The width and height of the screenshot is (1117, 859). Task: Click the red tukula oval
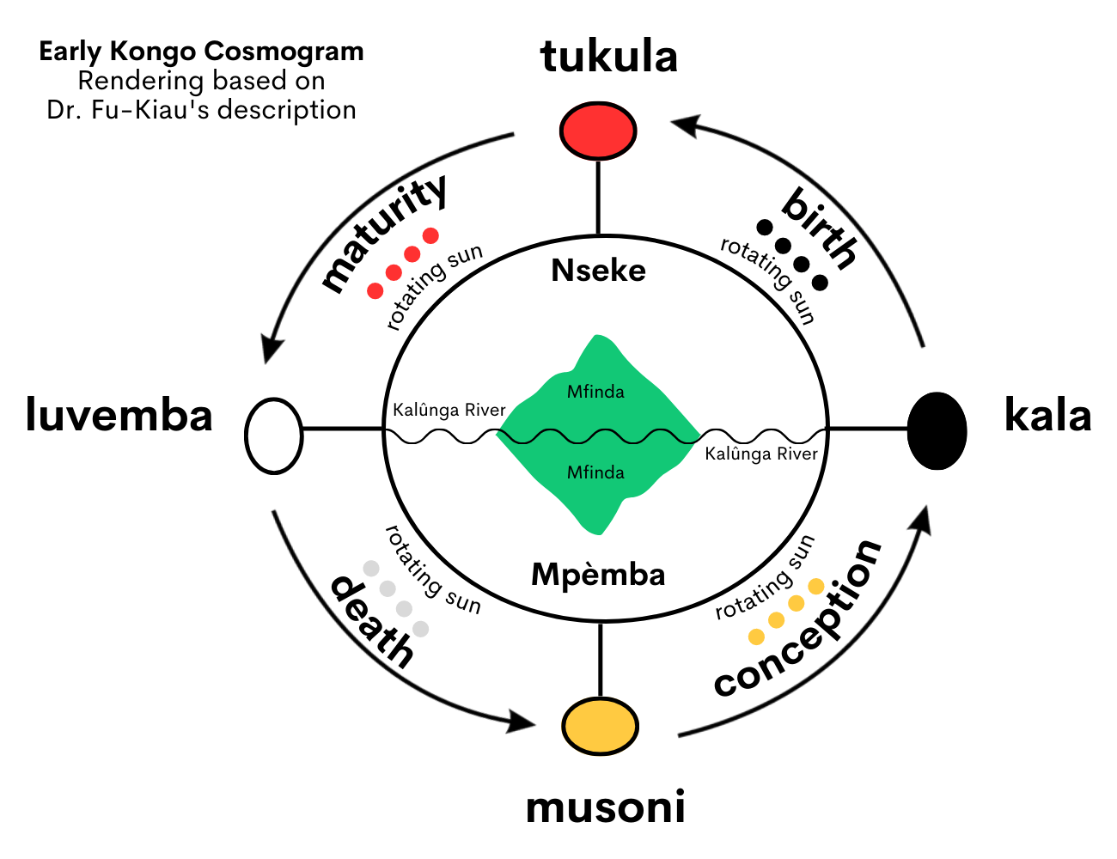pos(598,131)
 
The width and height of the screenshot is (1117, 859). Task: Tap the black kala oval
pos(937,430)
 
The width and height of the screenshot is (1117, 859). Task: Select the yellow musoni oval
pos(600,727)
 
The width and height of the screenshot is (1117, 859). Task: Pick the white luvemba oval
pos(274,436)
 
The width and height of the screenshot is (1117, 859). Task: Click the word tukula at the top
pos(609,57)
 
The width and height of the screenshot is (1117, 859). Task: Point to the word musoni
pos(606,807)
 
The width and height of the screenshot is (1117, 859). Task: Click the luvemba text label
pos(119,416)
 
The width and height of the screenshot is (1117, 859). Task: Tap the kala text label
pos(1047,416)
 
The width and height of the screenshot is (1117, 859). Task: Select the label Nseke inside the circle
pos(598,271)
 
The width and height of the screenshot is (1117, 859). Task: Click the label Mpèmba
pos(598,574)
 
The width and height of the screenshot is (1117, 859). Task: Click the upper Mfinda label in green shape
pos(595,393)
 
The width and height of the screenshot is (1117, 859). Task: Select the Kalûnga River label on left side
pos(449,410)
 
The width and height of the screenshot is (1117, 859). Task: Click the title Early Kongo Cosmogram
pos(202,52)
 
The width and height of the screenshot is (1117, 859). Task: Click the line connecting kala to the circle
pos(868,428)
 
